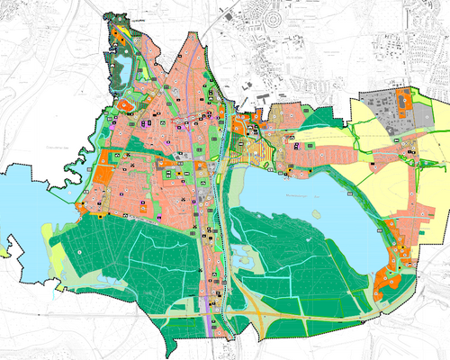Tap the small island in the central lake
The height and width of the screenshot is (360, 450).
pos(316,213)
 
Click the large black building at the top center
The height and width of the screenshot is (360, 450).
pos(229,16)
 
